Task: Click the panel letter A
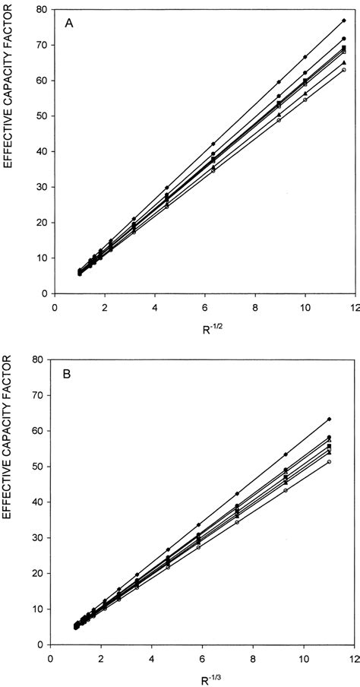click(x=69, y=23)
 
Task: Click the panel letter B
click(x=69, y=374)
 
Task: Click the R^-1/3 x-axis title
click(x=203, y=682)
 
